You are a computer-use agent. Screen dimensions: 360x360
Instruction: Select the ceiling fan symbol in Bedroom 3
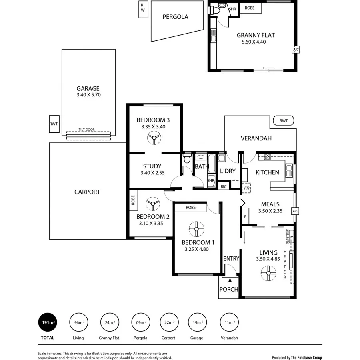point(154,139)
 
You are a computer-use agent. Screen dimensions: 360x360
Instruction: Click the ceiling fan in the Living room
point(268,274)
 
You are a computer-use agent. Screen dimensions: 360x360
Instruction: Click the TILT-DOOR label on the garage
point(88,130)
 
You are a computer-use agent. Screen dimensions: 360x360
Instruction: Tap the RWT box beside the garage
point(54,124)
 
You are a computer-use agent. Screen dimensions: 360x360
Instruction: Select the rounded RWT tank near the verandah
point(283,120)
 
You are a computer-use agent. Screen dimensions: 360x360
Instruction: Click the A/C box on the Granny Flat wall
point(296,50)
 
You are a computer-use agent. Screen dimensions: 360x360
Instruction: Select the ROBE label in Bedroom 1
point(191,208)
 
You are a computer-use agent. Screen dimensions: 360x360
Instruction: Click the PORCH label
point(229,289)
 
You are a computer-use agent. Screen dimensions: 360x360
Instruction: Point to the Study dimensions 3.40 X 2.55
point(152,173)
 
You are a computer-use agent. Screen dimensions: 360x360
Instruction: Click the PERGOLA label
point(175,17)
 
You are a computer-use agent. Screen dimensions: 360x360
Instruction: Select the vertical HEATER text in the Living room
point(285,264)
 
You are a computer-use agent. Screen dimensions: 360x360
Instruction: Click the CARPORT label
point(87,192)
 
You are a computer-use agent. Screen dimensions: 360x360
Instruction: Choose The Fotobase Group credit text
point(306,358)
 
